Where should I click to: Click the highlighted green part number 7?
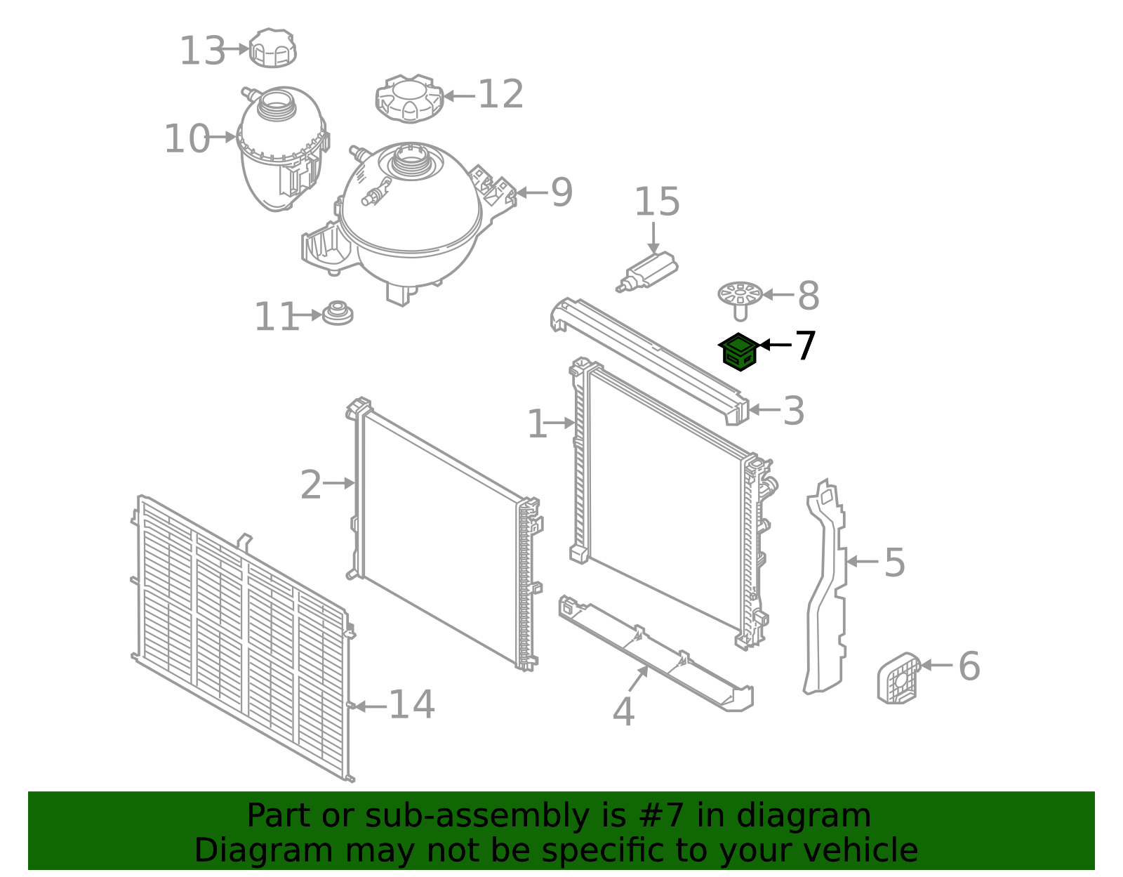[x=738, y=352]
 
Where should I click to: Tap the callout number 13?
[x=202, y=51]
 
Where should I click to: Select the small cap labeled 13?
[x=273, y=48]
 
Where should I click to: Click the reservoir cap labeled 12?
[x=408, y=98]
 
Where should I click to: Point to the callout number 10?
[x=186, y=139]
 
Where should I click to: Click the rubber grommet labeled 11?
[x=338, y=313]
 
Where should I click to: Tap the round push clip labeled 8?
[x=740, y=298]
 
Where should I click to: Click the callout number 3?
[x=793, y=411]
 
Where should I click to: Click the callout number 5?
[x=894, y=563]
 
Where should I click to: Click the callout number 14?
[x=411, y=705]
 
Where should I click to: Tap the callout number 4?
[x=623, y=713]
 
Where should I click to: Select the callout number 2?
[x=310, y=485]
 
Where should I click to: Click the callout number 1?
[x=537, y=425]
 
